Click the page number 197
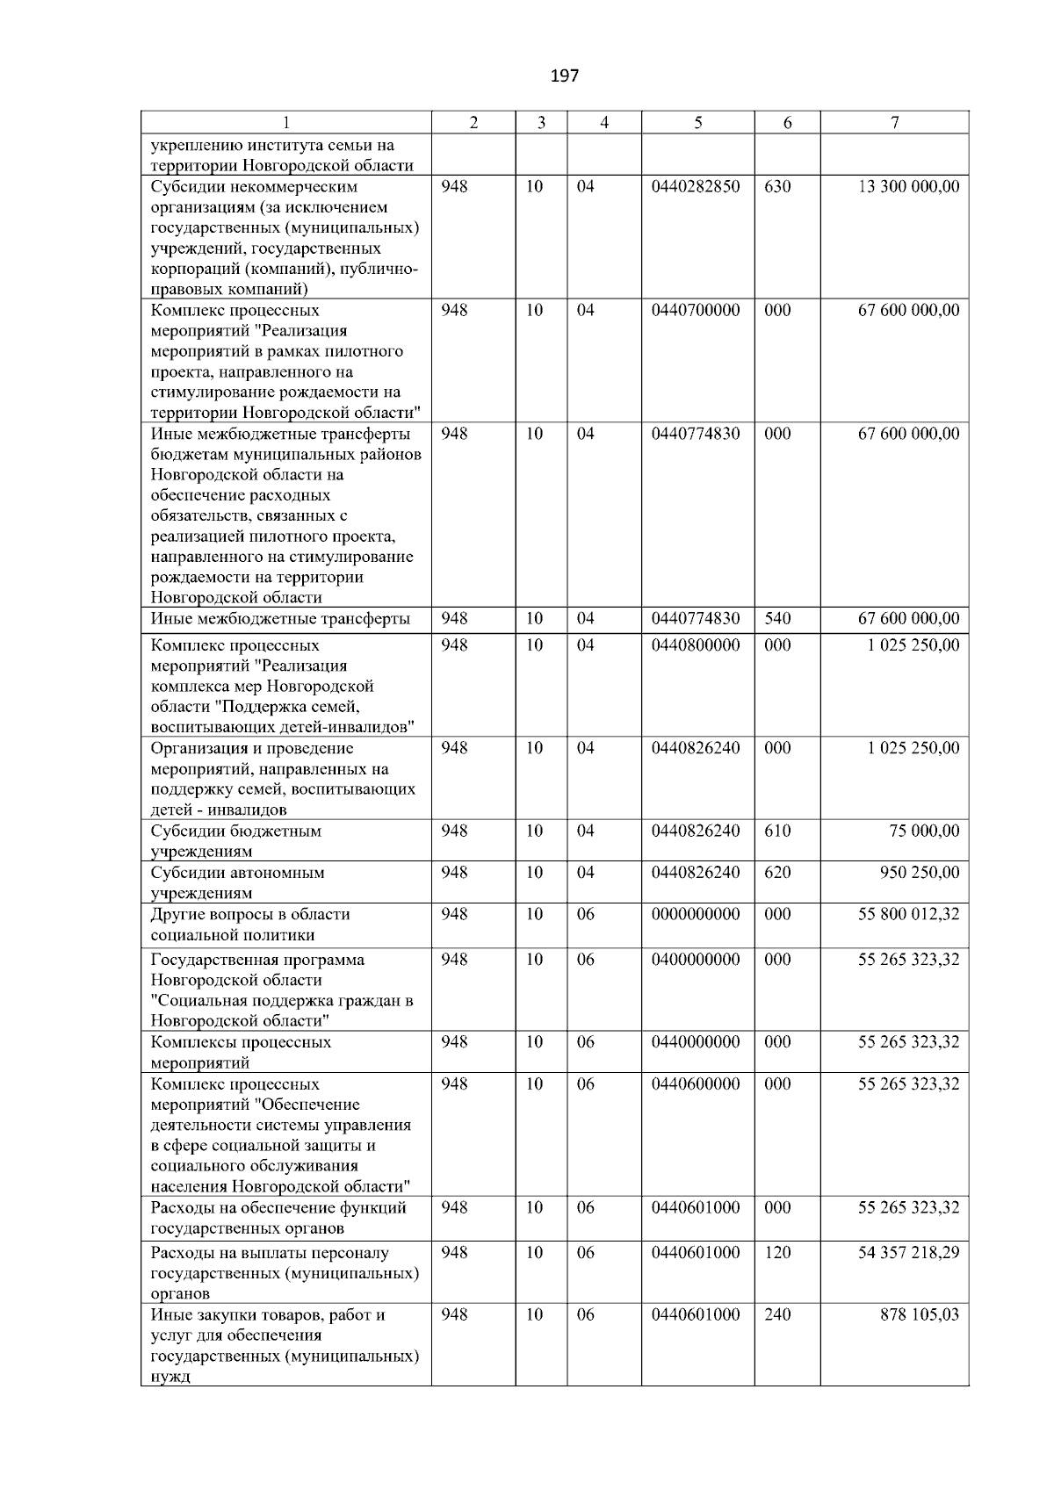tap(565, 76)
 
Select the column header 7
tap(894, 124)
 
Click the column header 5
tap(697, 124)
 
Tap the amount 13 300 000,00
tap(908, 187)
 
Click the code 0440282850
tap(696, 187)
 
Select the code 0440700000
tap(696, 311)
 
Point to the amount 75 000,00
tap(924, 831)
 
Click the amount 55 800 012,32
tap(908, 914)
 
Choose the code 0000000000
tap(696, 914)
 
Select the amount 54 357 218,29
tap(908, 1253)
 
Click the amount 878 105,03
tap(920, 1315)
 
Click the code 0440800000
tap(696, 645)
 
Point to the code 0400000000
tap(696, 960)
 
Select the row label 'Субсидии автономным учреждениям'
tap(237, 882)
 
